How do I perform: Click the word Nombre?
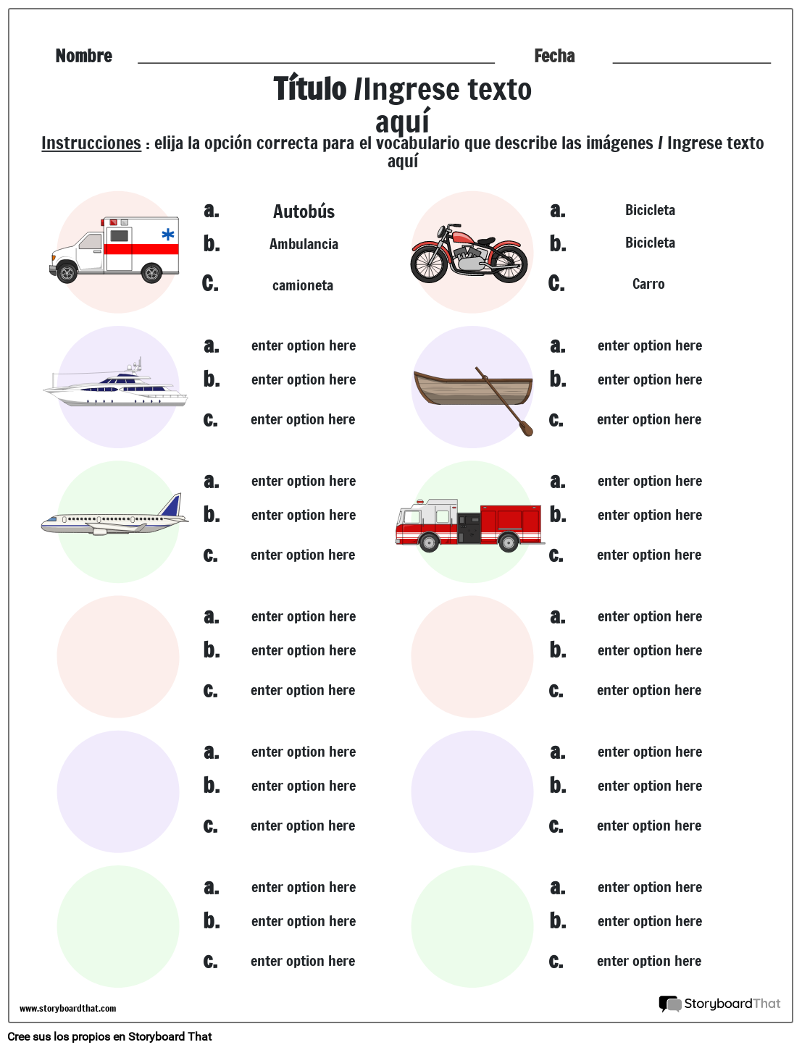click(x=83, y=56)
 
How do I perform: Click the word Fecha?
click(x=554, y=56)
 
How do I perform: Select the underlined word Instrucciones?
click(x=91, y=143)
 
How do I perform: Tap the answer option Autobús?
click(x=304, y=211)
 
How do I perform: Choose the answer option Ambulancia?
click(x=304, y=244)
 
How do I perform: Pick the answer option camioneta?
click(x=303, y=285)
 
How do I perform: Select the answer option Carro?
click(x=648, y=284)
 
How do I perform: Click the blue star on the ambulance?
click(x=168, y=234)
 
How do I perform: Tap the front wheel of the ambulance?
click(x=67, y=273)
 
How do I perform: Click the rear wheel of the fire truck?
click(x=509, y=542)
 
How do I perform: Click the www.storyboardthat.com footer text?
click(x=67, y=1008)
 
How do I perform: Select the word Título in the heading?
click(x=310, y=89)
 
